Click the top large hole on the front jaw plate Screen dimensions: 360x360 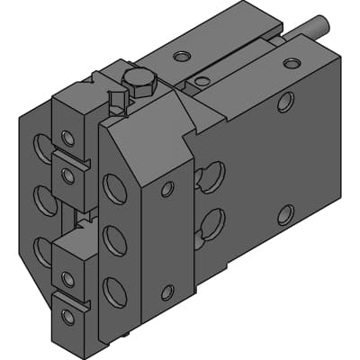115,188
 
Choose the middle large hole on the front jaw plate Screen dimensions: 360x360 114,240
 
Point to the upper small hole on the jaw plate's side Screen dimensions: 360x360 167,189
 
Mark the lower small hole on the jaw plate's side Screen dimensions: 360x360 167,292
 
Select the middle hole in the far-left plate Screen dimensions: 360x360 41,197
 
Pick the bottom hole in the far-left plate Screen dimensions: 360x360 41,249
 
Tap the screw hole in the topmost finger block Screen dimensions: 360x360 67,138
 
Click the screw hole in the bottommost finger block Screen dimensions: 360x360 67,316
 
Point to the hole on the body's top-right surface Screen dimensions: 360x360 292,63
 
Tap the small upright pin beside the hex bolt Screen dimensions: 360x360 115,101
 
